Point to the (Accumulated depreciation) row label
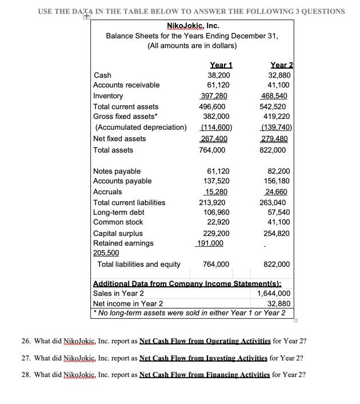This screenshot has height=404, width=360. point(139,127)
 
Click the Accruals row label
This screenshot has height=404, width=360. point(107,191)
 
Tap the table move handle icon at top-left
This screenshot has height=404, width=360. point(86,18)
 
